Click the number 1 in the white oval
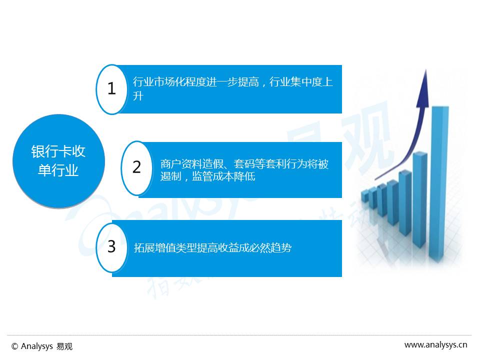(111, 88)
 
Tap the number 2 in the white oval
(136, 167)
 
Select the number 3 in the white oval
(111, 246)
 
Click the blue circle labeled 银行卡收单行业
(59, 161)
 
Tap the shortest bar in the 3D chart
(364, 195)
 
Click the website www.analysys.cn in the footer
(435, 345)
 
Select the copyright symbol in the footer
(14, 346)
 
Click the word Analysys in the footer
(36, 346)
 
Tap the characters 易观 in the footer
(64, 346)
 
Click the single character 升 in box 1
(138, 96)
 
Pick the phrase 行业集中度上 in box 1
(301, 81)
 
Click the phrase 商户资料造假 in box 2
(192, 164)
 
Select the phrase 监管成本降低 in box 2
(223, 176)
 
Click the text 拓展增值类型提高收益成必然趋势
(213, 247)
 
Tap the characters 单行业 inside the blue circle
(58, 170)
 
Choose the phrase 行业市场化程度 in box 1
(169, 81)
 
